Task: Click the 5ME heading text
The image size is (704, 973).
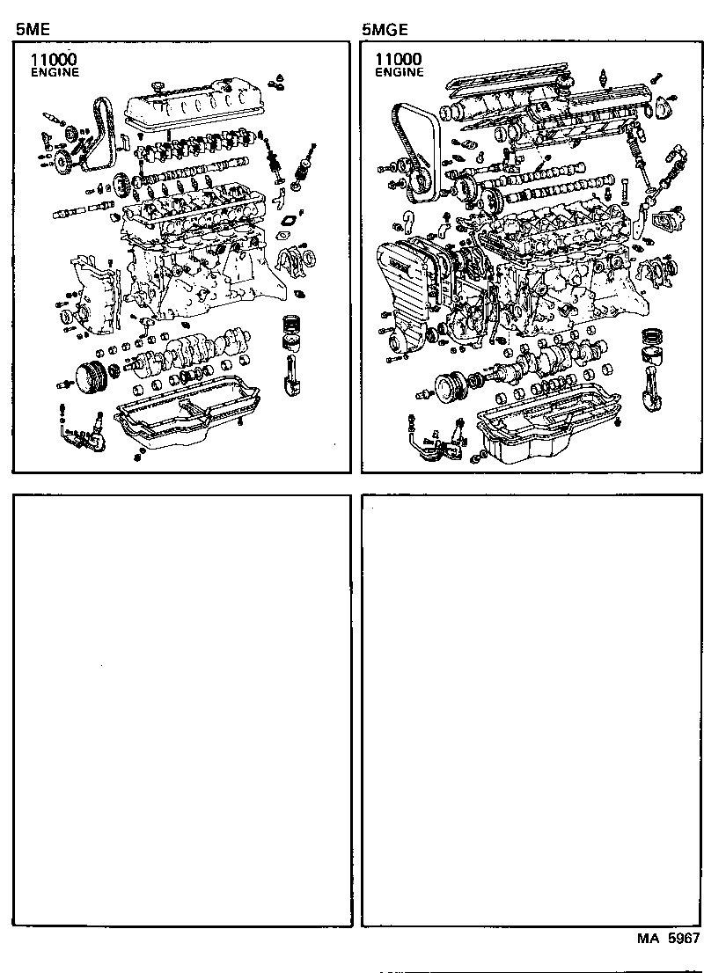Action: click(x=32, y=28)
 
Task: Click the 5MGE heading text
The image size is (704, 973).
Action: click(x=384, y=28)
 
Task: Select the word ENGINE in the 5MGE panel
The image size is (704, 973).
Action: click(x=400, y=72)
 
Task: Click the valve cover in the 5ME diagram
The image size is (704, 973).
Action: click(x=192, y=110)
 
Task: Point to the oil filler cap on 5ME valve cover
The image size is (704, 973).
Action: click(x=159, y=86)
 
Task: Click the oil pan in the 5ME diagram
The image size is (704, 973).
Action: click(x=189, y=422)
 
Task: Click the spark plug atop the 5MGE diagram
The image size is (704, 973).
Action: click(x=604, y=79)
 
